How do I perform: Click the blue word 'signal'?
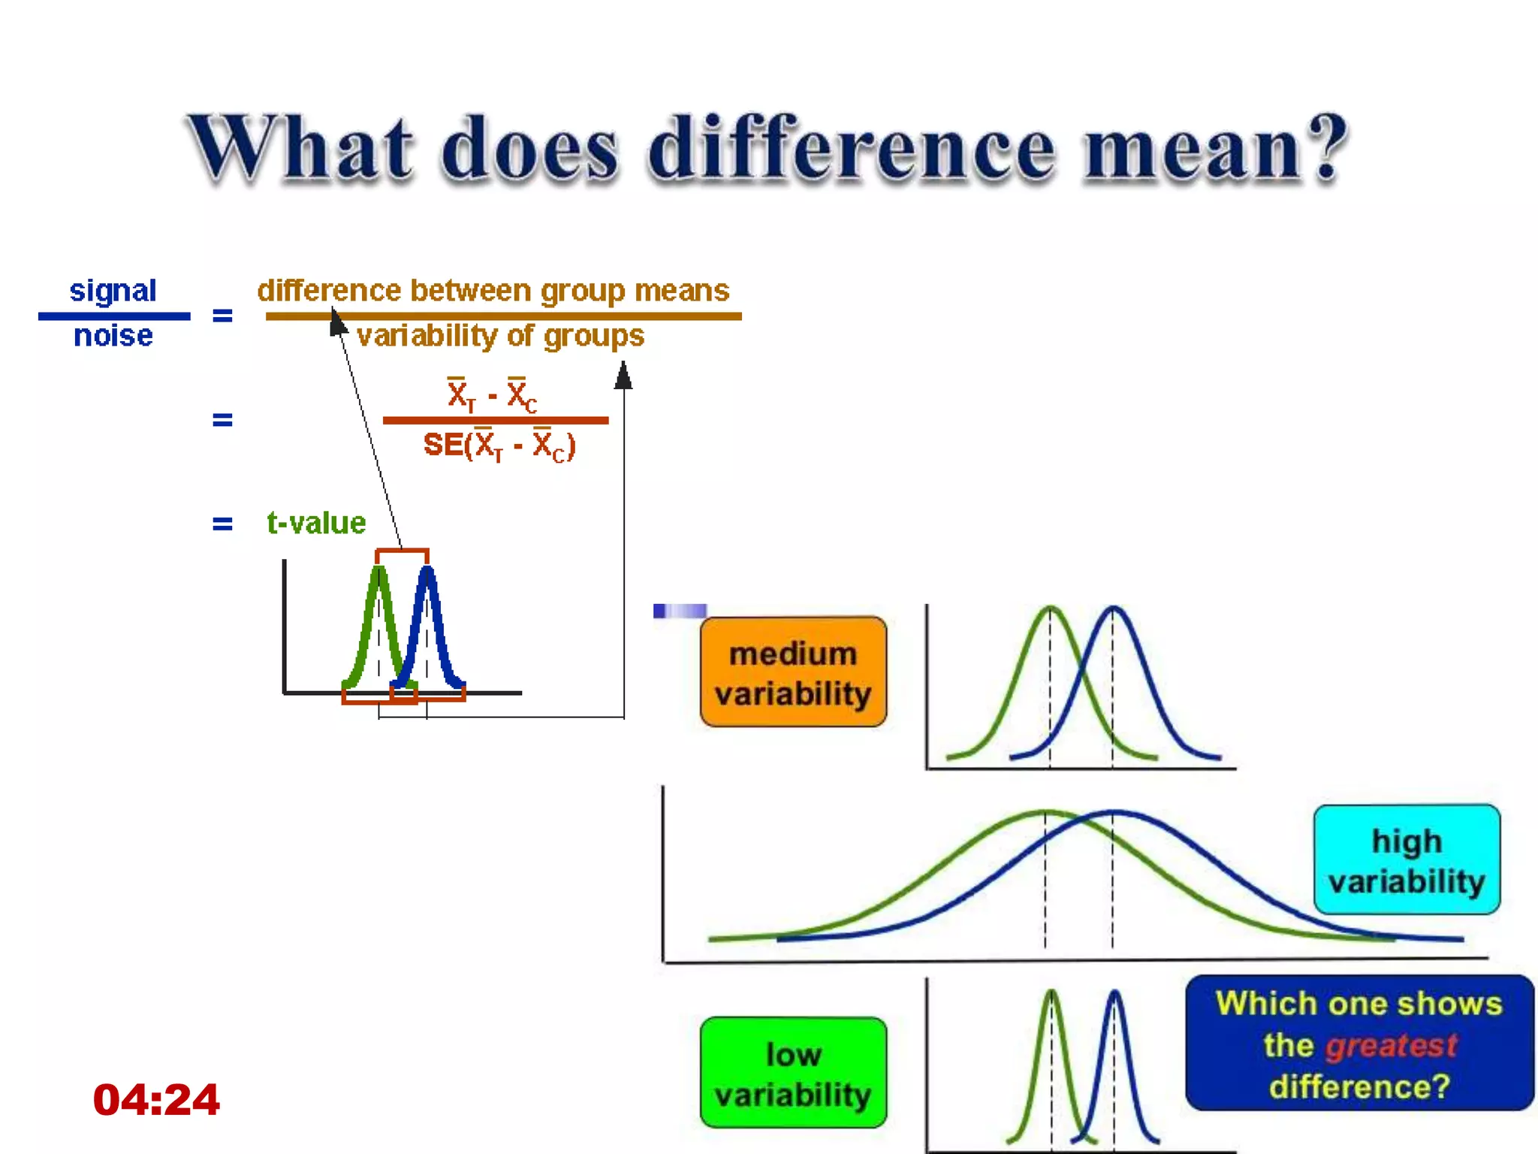pyautogui.click(x=113, y=291)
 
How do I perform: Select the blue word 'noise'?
pyautogui.click(x=113, y=336)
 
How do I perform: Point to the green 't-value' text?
pyautogui.click(x=316, y=523)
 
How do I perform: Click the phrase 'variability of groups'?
pyautogui.click(x=500, y=336)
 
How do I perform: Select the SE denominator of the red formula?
pyautogui.click(x=499, y=446)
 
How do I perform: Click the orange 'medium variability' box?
pyautogui.click(x=793, y=672)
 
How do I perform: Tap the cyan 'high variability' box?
pyautogui.click(x=1407, y=860)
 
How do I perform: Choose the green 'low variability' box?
pyautogui.click(x=793, y=1074)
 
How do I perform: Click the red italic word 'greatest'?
pyautogui.click(x=1391, y=1045)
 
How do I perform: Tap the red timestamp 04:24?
pyautogui.click(x=156, y=1100)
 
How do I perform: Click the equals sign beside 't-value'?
pyautogui.click(x=222, y=523)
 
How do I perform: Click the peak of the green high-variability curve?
pyautogui.click(x=1045, y=812)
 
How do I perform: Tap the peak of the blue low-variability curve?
pyautogui.click(x=1115, y=992)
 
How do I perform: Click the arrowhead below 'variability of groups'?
pyautogui.click(x=623, y=375)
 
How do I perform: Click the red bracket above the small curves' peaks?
pyautogui.click(x=402, y=551)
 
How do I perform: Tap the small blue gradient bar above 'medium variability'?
pyautogui.click(x=680, y=611)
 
